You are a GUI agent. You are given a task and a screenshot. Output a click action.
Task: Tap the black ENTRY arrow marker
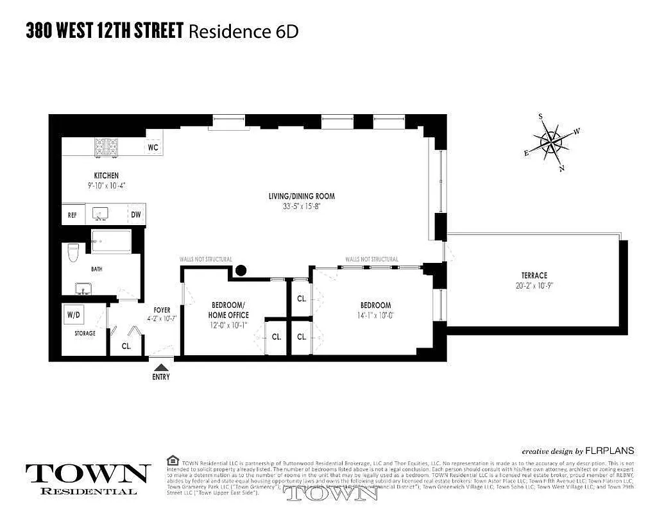(161, 366)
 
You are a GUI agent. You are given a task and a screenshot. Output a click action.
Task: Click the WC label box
(153, 147)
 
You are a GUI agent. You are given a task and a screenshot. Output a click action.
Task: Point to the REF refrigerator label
(72, 215)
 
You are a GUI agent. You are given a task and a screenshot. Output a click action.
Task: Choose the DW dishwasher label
(136, 215)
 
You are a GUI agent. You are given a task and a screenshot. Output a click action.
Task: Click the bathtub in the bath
(111, 242)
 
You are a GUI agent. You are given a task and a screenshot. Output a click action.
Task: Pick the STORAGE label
(85, 333)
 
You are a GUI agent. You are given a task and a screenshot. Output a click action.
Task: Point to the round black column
(241, 271)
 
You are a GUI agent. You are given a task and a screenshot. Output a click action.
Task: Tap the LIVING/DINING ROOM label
(302, 196)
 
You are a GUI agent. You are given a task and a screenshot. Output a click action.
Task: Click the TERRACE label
(534, 275)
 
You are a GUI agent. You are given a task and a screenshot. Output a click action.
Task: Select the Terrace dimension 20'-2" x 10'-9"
(534, 286)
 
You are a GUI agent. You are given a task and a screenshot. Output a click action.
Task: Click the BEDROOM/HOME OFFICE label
(228, 310)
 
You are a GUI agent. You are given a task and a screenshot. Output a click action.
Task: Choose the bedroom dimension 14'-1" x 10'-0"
(375, 315)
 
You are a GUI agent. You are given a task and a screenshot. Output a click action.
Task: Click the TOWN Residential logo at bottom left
(88, 478)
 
